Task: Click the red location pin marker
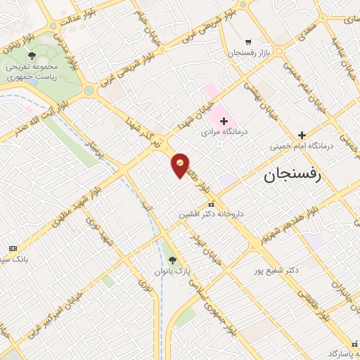tap(181, 165)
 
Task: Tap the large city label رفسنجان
tap(292, 175)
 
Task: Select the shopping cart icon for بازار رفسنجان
tap(247, 41)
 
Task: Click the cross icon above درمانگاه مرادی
tap(224, 121)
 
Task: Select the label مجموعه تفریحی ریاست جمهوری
tap(32, 70)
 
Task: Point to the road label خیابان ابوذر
tap(202, 258)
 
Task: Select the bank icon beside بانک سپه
tap(13, 249)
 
